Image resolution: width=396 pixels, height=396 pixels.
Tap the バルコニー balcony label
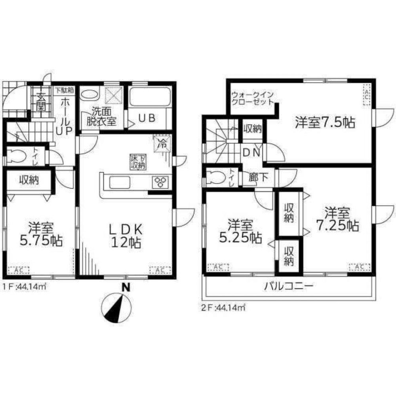coord(289,286)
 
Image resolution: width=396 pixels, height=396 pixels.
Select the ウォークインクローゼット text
coord(252,98)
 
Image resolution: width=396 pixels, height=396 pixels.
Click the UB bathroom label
coord(148,118)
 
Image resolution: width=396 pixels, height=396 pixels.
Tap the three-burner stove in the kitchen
coord(161,183)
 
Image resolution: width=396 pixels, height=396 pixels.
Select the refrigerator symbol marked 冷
coord(162,143)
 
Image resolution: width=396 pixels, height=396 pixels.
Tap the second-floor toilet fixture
coord(216,177)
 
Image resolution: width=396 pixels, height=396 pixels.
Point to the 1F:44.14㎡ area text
coord(25,287)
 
